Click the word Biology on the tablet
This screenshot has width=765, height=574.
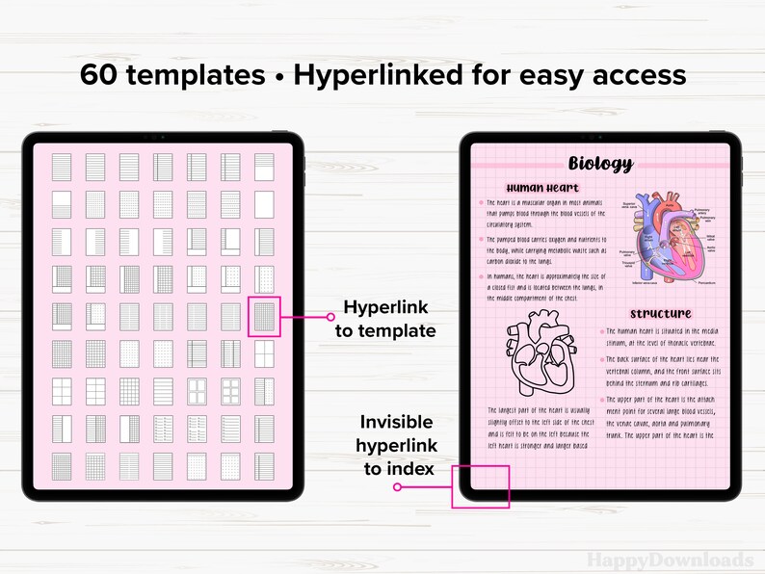point(600,164)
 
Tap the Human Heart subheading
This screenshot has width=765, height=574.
point(542,188)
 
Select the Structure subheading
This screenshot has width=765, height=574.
point(661,314)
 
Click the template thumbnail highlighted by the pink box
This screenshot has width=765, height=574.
point(264,316)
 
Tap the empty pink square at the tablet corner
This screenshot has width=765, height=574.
point(481,486)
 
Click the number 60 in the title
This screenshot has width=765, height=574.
point(102,75)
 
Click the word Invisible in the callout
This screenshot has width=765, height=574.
point(396,423)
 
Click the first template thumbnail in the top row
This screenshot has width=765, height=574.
point(62,168)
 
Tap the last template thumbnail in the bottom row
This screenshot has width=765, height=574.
point(264,465)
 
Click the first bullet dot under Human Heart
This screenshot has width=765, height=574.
point(482,203)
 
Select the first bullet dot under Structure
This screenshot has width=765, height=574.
point(601,331)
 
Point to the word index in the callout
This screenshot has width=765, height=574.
point(409,468)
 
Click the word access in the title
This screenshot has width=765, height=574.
point(636,75)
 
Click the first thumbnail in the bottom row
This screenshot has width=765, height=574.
point(62,465)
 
